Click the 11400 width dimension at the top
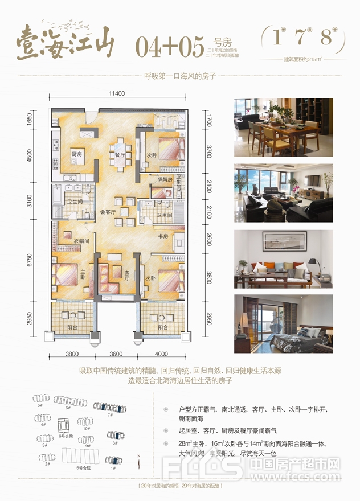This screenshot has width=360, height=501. click(x=117, y=93)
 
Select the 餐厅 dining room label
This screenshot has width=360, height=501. click(x=120, y=155)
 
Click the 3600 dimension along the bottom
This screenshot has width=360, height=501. click(x=116, y=354)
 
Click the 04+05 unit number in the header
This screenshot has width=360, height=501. click(x=170, y=47)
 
